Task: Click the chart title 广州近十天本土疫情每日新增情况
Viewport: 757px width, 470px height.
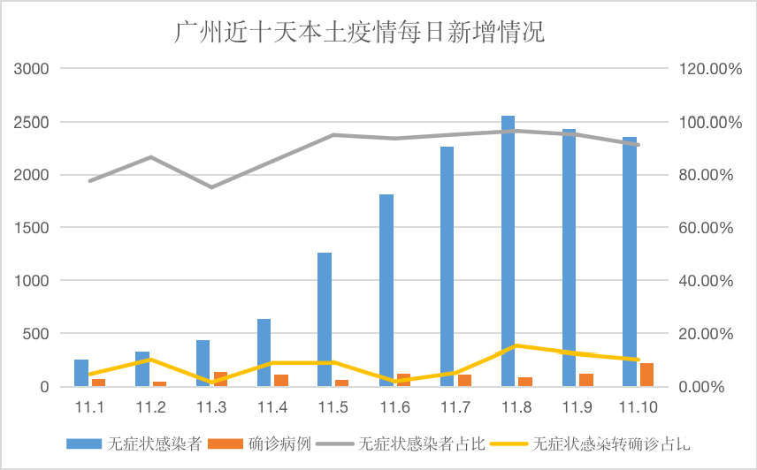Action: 359,33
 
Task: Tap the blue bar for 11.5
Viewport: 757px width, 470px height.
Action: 325,320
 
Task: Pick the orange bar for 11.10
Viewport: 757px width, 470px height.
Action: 646,375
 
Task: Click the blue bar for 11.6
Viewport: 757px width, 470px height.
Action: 386,291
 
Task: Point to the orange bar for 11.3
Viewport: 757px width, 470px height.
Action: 220,379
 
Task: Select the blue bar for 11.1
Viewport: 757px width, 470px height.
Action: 81,373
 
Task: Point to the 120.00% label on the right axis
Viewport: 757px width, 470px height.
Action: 708,69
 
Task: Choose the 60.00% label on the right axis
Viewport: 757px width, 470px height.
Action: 708,228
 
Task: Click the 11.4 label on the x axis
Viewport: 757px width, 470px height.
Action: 271,407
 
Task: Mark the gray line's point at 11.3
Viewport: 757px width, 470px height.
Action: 211,187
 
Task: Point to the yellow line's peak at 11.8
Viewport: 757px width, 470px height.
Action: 516,345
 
